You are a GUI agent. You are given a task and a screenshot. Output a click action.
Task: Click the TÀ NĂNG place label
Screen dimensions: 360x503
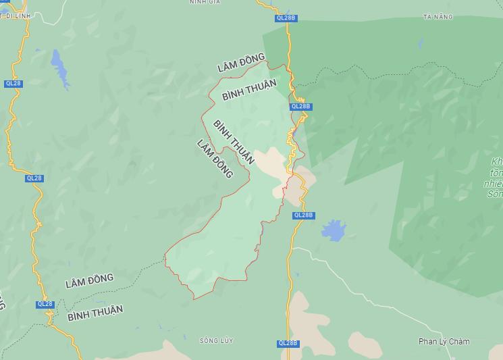tap(438, 16)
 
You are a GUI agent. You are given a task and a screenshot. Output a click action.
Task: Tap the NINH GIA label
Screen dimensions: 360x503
tap(205, 2)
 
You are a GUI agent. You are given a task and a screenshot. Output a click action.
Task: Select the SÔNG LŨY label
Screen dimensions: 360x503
tap(216, 340)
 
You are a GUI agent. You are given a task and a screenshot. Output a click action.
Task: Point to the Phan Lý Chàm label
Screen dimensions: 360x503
tap(444, 341)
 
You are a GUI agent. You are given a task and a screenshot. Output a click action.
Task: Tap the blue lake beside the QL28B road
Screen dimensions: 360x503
tap(334, 230)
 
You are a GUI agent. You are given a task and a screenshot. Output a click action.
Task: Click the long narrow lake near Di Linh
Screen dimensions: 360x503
tap(61, 68)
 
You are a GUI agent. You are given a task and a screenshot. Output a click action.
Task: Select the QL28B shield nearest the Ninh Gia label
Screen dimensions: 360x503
tap(286, 18)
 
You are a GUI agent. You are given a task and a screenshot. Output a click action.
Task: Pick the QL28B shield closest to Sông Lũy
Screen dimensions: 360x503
tap(288, 343)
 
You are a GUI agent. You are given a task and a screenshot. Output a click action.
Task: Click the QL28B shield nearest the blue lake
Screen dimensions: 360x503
tap(303, 215)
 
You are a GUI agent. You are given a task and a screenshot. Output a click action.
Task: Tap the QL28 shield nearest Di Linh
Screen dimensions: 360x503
tap(13, 83)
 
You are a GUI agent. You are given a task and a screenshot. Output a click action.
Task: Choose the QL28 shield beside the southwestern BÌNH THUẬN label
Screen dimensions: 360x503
tap(45, 304)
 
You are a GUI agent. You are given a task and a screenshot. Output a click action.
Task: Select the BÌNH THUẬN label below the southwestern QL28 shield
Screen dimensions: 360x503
tap(95, 313)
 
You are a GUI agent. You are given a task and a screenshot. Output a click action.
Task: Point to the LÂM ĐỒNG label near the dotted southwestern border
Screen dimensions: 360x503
tap(89, 281)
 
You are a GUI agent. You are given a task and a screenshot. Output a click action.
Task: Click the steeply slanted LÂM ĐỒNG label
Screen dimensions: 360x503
tap(215, 159)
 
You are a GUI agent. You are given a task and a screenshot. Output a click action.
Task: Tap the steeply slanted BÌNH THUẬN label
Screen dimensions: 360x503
tap(234, 142)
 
